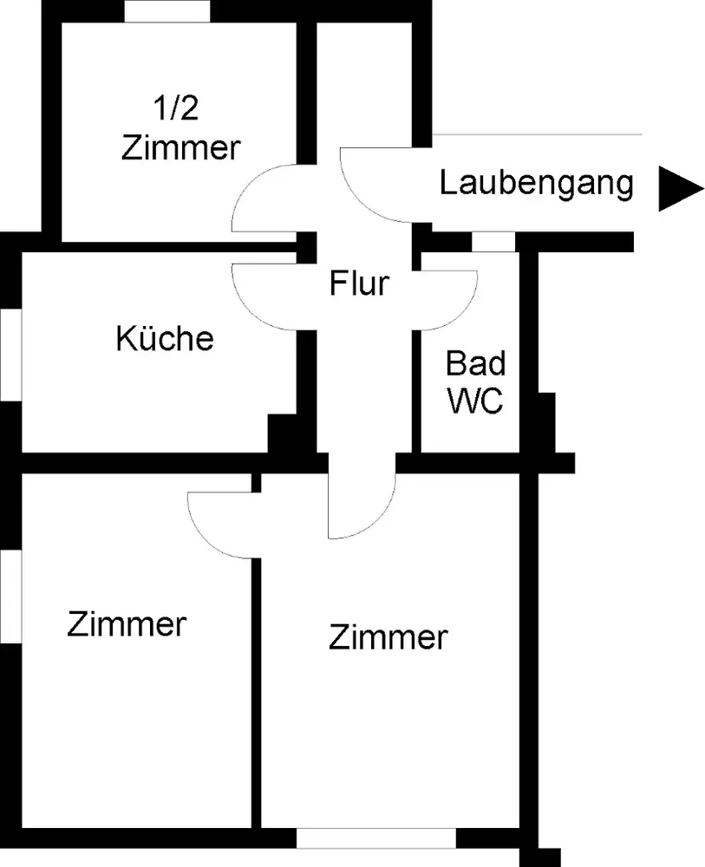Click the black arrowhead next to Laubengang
[x=678, y=188]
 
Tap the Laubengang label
[x=537, y=184]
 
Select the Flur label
[x=359, y=283]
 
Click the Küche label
[x=164, y=338]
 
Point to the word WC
[x=474, y=401]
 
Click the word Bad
[x=475, y=362]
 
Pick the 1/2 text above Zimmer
[x=180, y=110]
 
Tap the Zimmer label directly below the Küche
[x=127, y=623]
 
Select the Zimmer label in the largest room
[x=388, y=638]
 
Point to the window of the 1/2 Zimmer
[x=167, y=11]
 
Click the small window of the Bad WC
[x=493, y=242]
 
